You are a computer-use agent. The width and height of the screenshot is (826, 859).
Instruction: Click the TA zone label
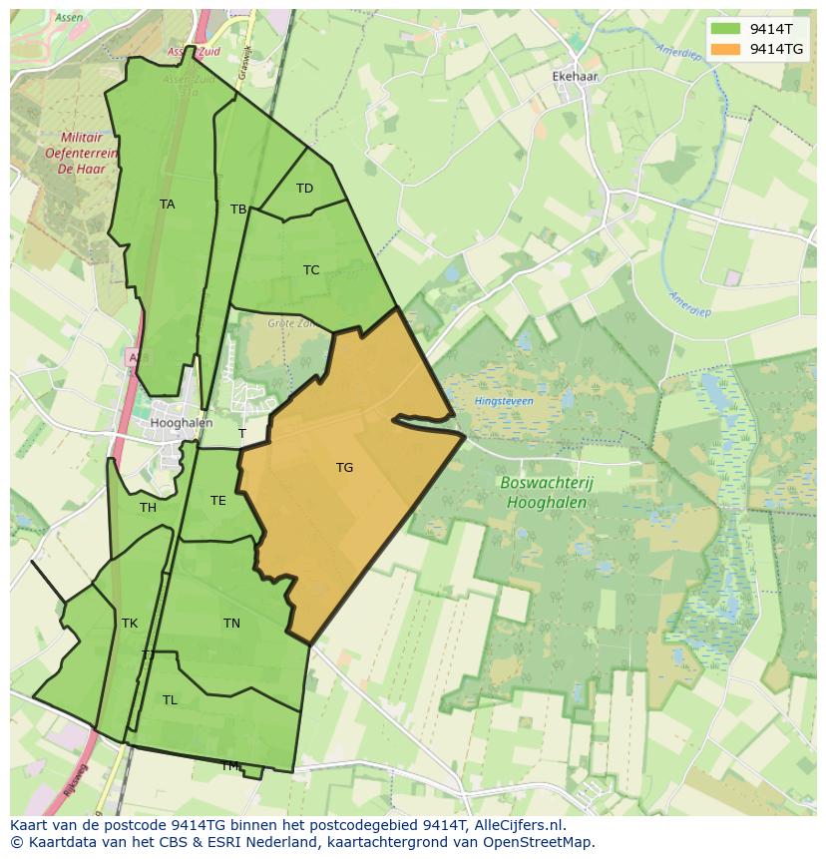167,205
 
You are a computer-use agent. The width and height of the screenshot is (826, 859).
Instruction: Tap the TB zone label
238,210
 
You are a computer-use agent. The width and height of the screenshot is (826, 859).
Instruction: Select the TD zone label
304,189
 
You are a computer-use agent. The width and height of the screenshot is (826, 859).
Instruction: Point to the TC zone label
311,270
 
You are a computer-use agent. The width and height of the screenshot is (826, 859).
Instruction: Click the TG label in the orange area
344,468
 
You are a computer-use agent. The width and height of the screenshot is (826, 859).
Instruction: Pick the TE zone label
217,501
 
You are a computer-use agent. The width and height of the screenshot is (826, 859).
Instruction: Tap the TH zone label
148,508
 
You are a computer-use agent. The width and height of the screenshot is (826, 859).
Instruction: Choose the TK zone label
130,624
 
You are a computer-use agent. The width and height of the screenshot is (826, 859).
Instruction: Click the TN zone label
231,624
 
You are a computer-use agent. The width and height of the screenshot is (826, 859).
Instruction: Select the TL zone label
170,700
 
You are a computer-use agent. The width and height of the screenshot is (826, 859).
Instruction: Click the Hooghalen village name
181,423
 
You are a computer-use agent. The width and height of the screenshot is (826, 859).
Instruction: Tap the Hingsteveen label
504,401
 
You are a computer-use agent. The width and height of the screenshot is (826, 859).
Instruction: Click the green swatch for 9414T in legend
725,29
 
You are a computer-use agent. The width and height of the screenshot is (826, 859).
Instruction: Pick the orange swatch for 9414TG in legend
725,49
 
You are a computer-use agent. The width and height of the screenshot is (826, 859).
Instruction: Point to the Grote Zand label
289,323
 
